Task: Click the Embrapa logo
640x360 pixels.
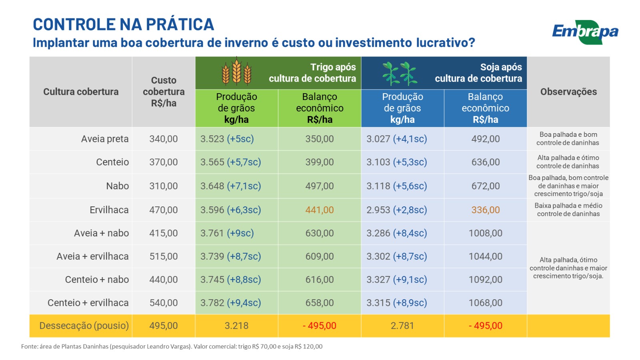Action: point(585,32)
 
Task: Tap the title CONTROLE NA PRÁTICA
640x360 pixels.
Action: point(123,24)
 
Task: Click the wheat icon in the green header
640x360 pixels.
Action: point(236,72)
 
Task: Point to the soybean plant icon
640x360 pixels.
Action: point(400,73)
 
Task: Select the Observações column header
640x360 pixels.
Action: point(568,92)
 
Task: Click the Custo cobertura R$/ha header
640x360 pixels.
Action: point(164,92)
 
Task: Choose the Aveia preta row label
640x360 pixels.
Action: point(105,139)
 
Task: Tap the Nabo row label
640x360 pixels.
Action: point(118,186)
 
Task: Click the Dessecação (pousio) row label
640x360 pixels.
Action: point(84,326)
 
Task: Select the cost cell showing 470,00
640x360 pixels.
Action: point(164,210)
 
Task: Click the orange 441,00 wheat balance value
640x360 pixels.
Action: point(320,210)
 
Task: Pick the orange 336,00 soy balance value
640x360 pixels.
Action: point(486,210)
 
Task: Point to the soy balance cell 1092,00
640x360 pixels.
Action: point(486,280)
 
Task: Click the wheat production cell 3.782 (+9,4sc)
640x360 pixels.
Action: point(231,303)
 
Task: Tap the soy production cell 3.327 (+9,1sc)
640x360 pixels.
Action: point(397,280)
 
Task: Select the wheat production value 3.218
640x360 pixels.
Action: point(236,326)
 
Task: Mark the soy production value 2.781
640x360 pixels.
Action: point(402,326)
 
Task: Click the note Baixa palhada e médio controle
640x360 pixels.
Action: point(568,210)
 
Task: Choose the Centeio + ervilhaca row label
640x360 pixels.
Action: point(88,303)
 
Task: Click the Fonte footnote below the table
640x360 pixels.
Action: point(172,346)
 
